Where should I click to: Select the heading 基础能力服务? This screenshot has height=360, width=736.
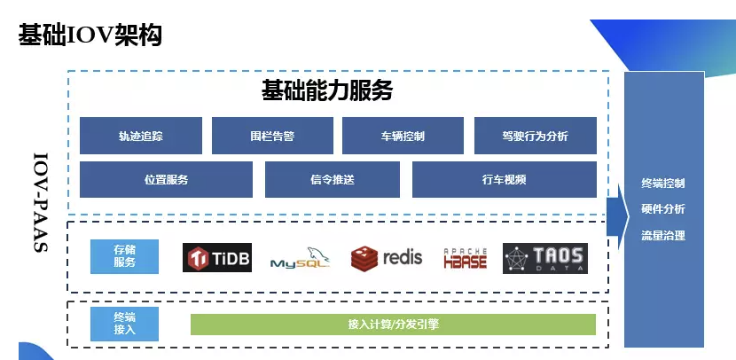[x=327, y=90]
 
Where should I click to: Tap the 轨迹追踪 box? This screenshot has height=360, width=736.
[x=141, y=136]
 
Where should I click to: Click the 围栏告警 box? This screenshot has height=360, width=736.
[x=272, y=136]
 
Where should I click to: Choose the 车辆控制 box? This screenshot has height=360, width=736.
[x=403, y=136]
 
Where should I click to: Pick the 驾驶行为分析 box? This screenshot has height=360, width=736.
[x=536, y=136]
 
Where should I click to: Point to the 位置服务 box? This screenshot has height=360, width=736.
[x=166, y=179]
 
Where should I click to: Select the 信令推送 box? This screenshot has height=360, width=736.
[x=333, y=179]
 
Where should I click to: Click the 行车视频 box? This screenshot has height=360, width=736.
[x=505, y=179]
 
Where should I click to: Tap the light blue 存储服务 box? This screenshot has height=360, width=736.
[x=124, y=256]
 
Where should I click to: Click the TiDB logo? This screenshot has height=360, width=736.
[x=217, y=258]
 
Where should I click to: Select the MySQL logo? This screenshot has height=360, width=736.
[x=301, y=258]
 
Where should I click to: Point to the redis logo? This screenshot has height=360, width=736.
[x=387, y=258]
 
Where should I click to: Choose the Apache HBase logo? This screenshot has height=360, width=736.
[x=466, y=258]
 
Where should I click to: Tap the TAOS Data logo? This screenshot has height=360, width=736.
[x=545, y=258]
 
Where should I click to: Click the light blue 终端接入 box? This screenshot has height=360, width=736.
[x=124, y=324]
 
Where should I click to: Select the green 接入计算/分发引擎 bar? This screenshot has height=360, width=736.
[x=394, y=325]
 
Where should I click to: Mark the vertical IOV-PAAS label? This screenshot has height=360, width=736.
[x=41, y=202]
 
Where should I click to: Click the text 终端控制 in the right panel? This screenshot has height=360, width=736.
[x=663, y=183]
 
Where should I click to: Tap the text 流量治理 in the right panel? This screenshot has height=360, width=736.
[x=663, y=235]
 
